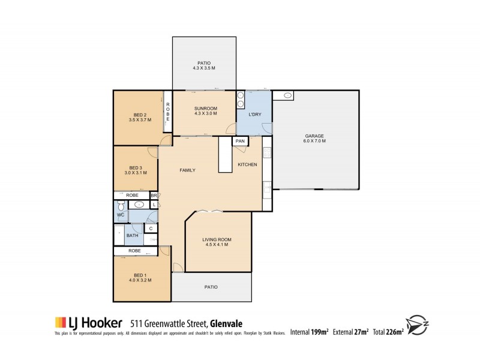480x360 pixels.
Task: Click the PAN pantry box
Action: (x=239, y=142)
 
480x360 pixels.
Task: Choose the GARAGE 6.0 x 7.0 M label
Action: (x=315, y=139)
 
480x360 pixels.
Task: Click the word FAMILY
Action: (x=188, y=170)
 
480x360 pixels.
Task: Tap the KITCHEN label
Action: (x=247, y=164)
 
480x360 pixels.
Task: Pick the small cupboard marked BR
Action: (x=154, y=196)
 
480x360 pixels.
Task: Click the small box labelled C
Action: (x=151, y=227)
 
